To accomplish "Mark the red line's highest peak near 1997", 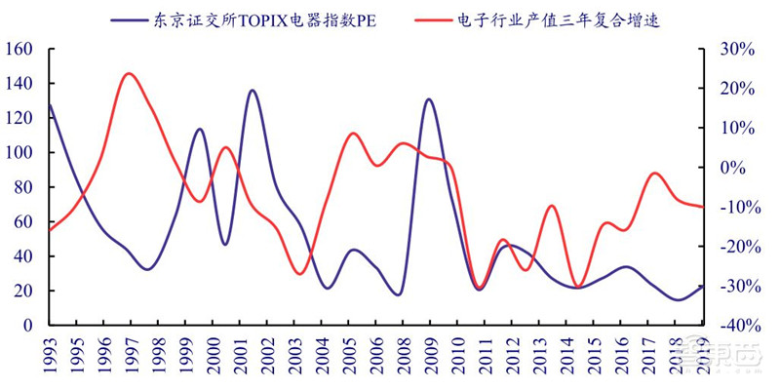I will click(x=129, y=73).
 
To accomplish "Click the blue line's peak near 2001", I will click(x=253, y=91).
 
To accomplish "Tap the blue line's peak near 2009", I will click(x=428, y=99).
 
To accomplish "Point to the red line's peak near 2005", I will click(x=353, y=133).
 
